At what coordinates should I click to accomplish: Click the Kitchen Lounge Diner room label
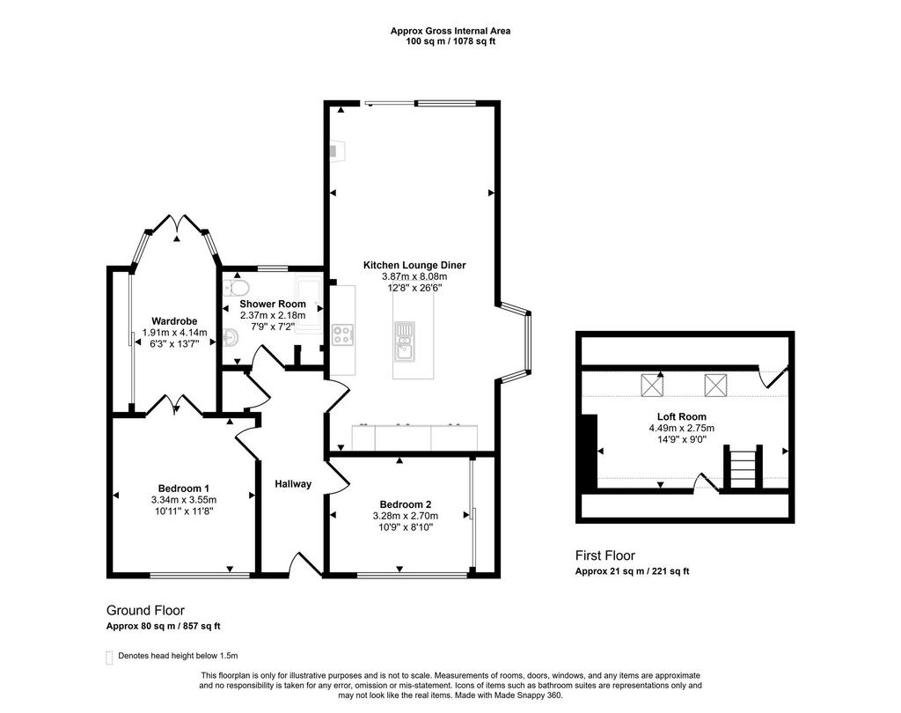pyautogui.click(x=414, y=265)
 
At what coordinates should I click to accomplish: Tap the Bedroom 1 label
pyautogui.click(x=184, y=489)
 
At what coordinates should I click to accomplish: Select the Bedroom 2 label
pyautogui.click(x=406, y=505)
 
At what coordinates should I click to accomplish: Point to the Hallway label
pyautogui.click(x=293, y=484)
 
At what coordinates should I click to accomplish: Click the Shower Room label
pyautogui.click(x=273, y=304)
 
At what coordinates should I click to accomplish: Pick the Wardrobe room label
pyautogui.click(x=175, y=321)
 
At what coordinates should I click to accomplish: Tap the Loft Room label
pyautogui.click(x=682, y=417)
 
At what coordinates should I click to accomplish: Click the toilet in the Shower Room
pyautogui.click(x=236, y=286)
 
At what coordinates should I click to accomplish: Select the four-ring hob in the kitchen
pyautogui.click(x=343, y=334)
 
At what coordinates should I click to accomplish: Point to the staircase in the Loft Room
pyautogui.click(x=743, y=467)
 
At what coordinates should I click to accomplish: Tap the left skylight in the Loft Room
pyautogui.click(x=652, y=386)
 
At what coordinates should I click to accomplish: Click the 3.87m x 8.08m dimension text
pyautogui.click(x=414, y=276)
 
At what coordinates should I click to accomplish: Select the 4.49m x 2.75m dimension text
pyautogui.click(x=682, y=429)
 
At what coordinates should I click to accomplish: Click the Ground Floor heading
pyautogui.click(x=145, y=611)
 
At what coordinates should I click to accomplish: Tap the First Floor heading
pyautogui.click(x=605, y=555)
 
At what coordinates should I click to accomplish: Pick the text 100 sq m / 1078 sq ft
pyautogui.click(x=450, y=41)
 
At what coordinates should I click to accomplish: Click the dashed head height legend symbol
pyautogui.click(x=109, y=658)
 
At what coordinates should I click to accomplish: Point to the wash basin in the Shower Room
pyautogui.click(x=231, y=335)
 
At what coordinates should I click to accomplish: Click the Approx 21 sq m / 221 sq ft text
pyautogui.click(x=632, y=571)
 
